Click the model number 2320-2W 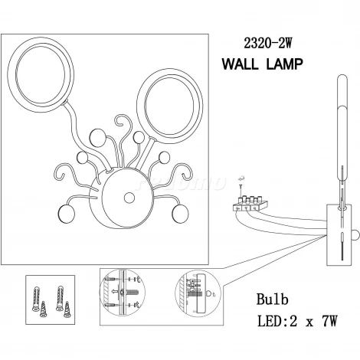[267, 43]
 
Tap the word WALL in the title [241, 64]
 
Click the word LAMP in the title [285, 64]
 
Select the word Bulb [272, 299]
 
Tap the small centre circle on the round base [129, 198]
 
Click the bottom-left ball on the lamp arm [67, 214]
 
